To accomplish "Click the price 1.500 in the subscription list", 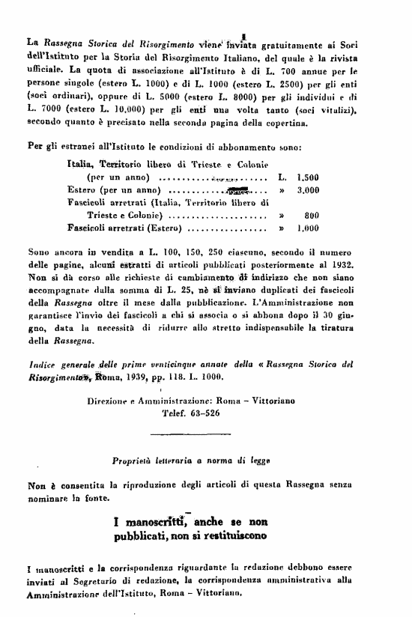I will click(x=309, y=178).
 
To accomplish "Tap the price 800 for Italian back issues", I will click(x=312, y=214).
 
